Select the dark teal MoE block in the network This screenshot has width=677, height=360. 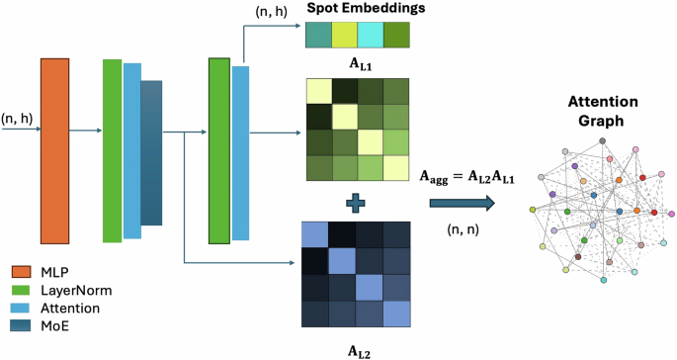(150, 153)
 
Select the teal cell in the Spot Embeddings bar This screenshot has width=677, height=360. (319, 36)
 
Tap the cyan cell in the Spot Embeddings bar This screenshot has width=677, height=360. (372, 36)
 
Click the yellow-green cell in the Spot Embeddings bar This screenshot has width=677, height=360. (346, 36)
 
